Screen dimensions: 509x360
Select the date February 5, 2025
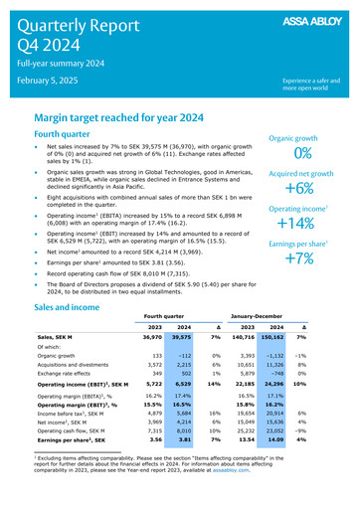50,79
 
